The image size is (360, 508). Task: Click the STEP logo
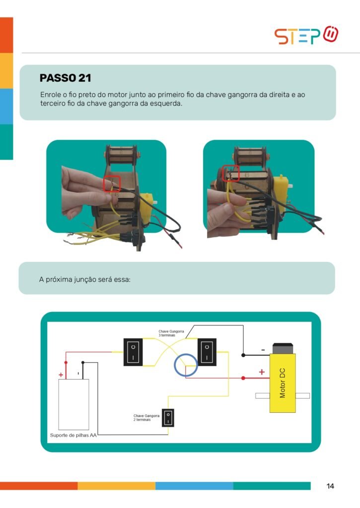(306, 35)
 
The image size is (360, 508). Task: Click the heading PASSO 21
(65, 78)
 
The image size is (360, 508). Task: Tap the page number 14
(330, 486)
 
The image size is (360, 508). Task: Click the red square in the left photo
(104, 184)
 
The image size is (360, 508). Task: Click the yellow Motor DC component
(283, 383)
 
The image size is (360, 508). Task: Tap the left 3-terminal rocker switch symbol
(133, 352)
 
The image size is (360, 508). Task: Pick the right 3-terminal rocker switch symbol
(207, 352)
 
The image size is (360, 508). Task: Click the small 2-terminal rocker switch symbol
(168, 418)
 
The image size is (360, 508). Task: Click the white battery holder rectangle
(73, 404)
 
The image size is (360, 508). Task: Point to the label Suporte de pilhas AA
(73, 435)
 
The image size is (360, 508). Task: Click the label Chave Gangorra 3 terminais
(171, 333)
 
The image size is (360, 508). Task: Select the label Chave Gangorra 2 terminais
(146, 418)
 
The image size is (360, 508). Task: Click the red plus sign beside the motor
(262, 372)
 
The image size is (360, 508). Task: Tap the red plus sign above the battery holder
(61, 375)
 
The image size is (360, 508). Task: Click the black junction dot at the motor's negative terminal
(243, 355)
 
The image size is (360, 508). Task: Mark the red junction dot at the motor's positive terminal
(243, 378)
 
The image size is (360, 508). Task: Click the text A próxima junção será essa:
(84, 280)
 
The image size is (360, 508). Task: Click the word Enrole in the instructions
(51, 95)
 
